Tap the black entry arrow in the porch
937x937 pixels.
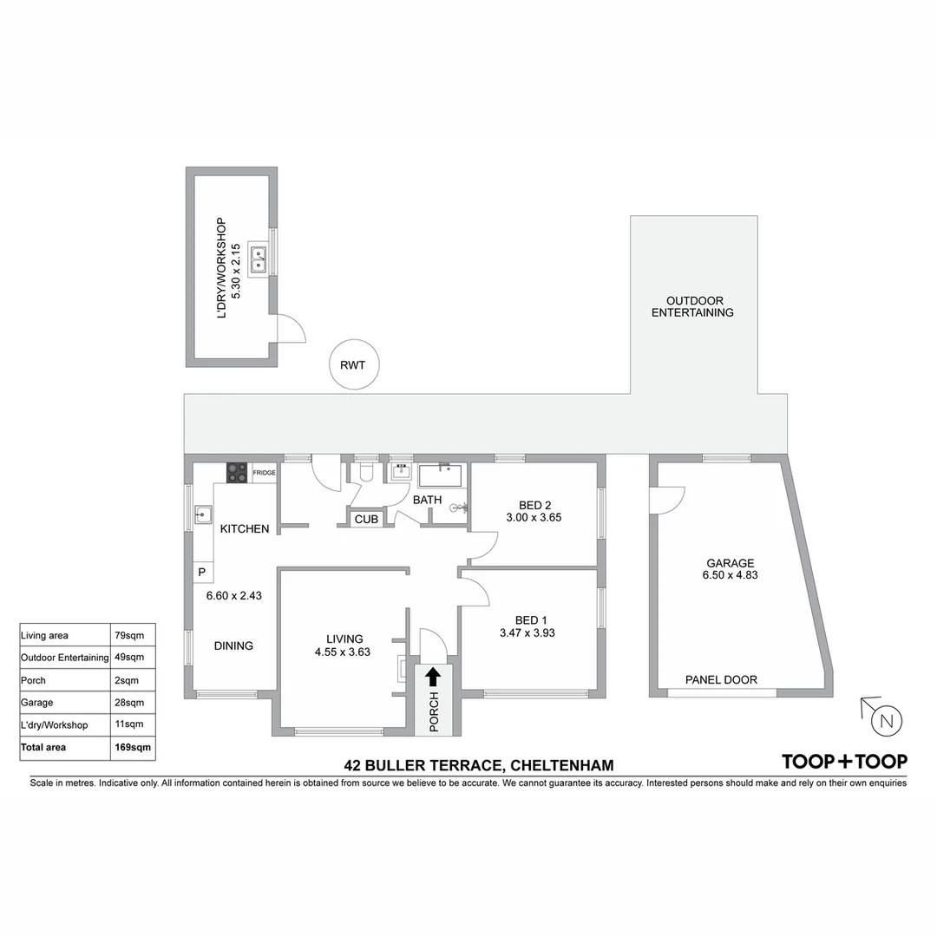433,676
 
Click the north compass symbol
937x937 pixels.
884,720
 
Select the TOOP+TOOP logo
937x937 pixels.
844,762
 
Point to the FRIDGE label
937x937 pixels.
264,473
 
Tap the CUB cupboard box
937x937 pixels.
366,519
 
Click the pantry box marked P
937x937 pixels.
201,573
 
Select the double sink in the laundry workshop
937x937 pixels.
259,258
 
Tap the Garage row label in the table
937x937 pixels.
36,702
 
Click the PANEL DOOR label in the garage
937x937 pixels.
721,680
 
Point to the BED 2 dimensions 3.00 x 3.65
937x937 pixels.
534,518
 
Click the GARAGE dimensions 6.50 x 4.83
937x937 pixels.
730,574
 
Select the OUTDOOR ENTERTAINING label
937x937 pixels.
692,306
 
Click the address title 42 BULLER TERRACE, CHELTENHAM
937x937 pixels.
479,765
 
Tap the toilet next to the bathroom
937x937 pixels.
366,471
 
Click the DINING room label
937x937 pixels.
233,645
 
